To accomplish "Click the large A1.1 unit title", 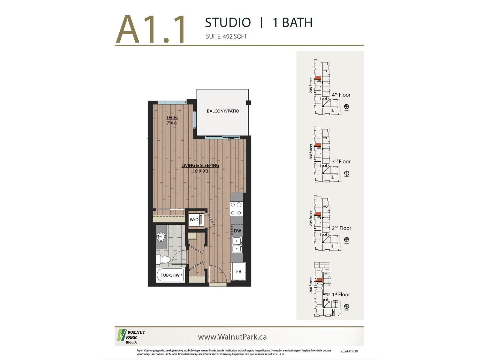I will (x=151, y=29).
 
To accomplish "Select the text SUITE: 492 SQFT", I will (x=226, y=37).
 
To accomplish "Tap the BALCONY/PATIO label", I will (x=223, y=111).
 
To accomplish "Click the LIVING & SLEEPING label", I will (x=200, y=165).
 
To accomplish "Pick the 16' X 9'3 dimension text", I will (x=200, y=171).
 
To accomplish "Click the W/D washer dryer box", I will (x=196, y=220).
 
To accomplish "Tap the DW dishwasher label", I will (x=237, y=231).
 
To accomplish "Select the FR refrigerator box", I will (x=238, y=271).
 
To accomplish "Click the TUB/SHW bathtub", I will (x=170, y=275).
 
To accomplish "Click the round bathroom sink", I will (x=161, y=237).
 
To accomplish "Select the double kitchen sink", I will (x=237, y=245).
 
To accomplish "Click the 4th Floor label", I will (x=341, y=95).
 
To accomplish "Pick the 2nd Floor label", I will (x=341, y=228).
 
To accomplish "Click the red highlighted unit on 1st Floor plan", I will (x=319, y=280).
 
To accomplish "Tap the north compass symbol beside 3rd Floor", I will (x=346, y=173).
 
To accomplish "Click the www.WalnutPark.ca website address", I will (x=232, y=337).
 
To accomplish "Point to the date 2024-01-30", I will (x=349, y=351).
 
